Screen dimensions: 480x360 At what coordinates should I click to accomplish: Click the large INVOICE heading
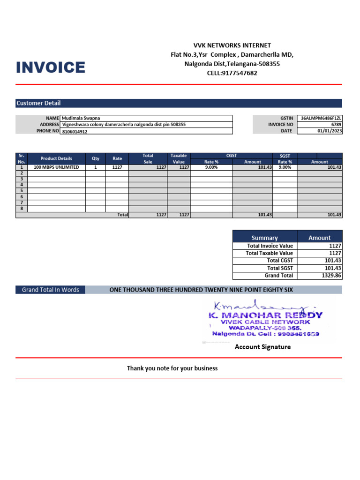(51, 67)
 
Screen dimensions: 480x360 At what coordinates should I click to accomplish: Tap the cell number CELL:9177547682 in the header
(232, 73)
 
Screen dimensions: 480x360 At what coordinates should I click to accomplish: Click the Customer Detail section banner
(38, 103)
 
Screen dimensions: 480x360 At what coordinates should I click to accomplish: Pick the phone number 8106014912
(75, 132)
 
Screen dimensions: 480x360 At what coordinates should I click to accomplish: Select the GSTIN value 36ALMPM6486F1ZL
(321, 119)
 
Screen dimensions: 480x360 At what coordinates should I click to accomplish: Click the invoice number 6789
(336, 125)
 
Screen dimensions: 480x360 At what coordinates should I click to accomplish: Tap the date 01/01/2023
(330, 131)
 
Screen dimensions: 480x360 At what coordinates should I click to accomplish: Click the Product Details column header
(56, 158)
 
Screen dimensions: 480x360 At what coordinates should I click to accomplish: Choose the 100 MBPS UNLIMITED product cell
(56, 167)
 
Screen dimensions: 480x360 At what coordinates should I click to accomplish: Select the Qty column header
(96, 158)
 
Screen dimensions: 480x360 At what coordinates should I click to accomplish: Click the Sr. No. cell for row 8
(22, 209)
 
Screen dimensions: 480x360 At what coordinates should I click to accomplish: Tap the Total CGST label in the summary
(280, 261)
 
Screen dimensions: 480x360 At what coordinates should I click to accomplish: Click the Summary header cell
(265, 238)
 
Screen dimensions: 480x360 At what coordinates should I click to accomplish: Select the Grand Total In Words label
(51, 290)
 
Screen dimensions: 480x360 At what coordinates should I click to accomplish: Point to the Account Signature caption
(262, 347)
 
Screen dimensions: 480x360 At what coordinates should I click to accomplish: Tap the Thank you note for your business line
(172, 368)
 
